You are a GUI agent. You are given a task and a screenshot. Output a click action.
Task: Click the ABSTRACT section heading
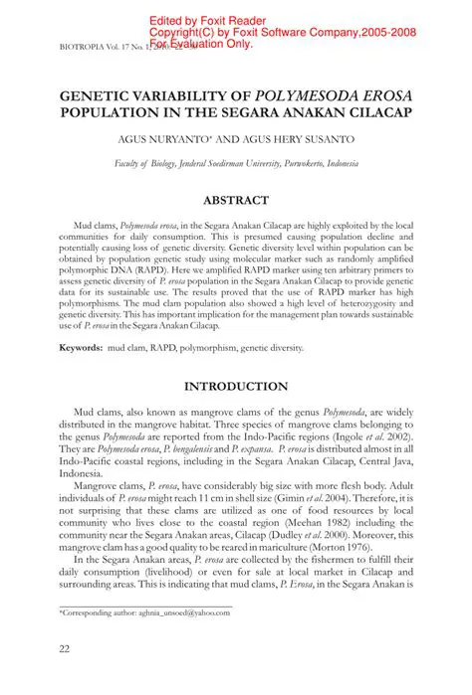(x=236, y=200)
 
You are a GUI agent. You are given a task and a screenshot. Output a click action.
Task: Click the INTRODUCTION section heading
(x=236, y=386)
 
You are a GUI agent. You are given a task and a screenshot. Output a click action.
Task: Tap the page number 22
(x=36, y=651)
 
